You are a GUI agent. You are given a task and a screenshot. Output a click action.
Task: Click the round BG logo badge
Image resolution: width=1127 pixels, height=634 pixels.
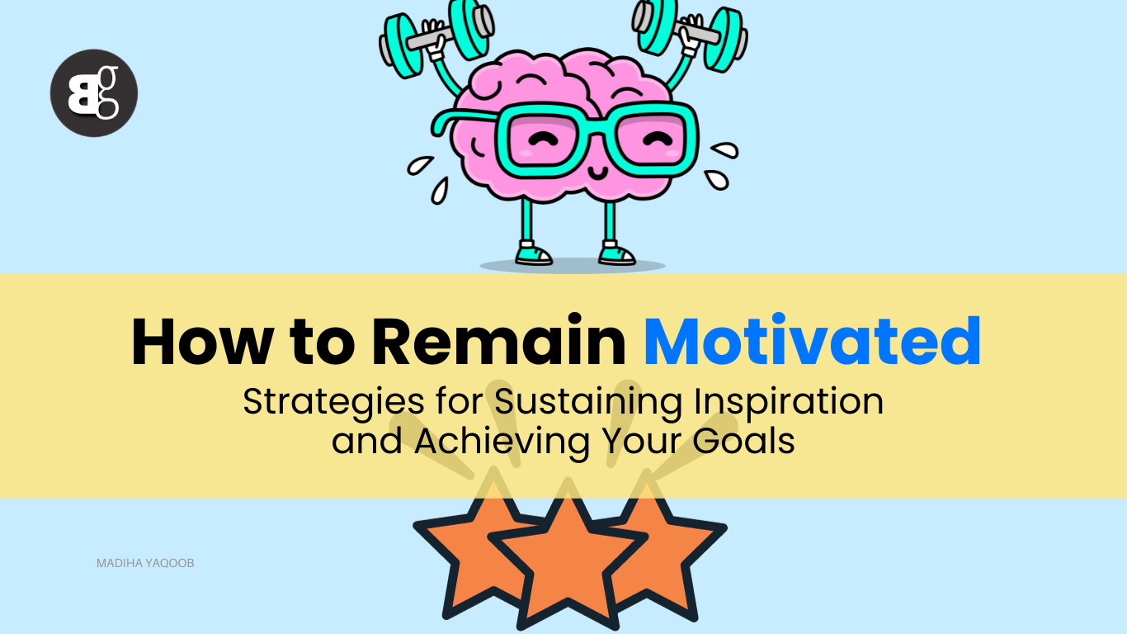coord(93,92)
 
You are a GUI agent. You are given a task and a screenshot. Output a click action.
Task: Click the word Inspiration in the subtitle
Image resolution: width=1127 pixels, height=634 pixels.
coord(788,401)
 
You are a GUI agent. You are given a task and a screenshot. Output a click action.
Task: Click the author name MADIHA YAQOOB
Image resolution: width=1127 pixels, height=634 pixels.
coord(145,563)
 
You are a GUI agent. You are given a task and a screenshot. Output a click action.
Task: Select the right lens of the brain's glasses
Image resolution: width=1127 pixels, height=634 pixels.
coord(653,140)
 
